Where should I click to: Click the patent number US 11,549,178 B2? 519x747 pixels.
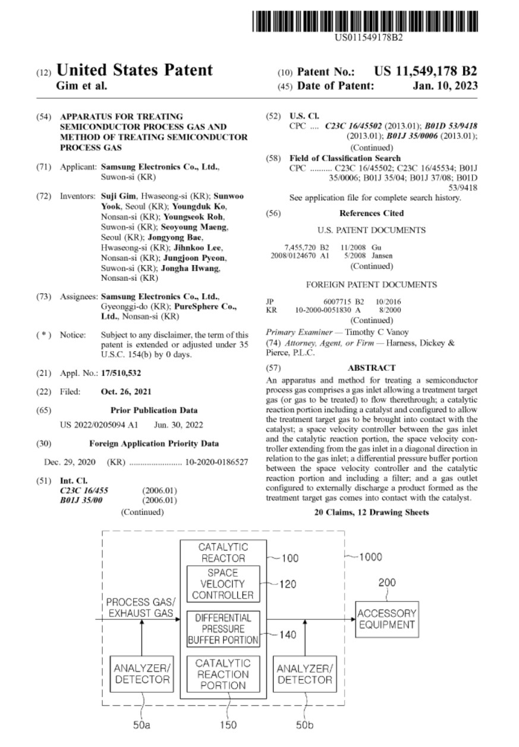pyautogui.click(x=425, y=71)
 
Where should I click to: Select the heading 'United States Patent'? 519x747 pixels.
pyautogui.click(x=134, y=71)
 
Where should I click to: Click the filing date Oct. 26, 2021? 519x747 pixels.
pyautogui.click(x=126, y=392)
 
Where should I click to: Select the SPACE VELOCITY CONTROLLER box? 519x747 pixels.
pyautogui.click(x=223, y=583)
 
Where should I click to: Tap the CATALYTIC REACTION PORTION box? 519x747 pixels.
pyautogui.click(x=223, y=674)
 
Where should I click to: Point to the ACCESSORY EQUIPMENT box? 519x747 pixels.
pyautogui.click(x=386, y=619)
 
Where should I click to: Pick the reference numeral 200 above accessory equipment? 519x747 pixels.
pyautogui.click(x=386, y=583)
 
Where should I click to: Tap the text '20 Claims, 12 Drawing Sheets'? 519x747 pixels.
pyautogui.click(x=371, y=512)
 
